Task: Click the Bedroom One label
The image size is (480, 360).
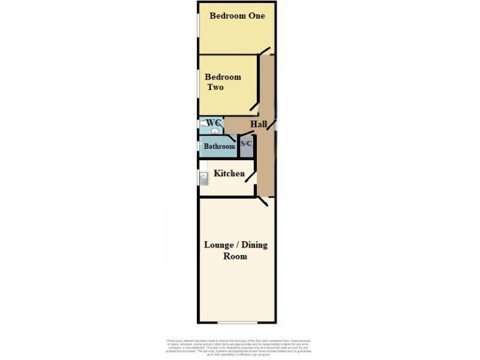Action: (x=237, y=16)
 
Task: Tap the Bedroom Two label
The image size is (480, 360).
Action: (x=222, y=82)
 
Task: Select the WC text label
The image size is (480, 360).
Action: (x=213, y=122)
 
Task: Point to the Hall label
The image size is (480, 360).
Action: (x=259, y=124)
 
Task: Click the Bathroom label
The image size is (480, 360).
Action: (x=219, y=146)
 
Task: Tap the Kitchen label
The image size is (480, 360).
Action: (x=229, y=173)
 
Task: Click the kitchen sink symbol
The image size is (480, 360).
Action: (x=204, y=179)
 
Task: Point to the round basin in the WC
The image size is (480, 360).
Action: (x=214, y=131)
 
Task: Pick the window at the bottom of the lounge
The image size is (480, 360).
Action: (x=237, y=322)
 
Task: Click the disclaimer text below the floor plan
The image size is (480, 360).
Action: (x=238, y=347)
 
